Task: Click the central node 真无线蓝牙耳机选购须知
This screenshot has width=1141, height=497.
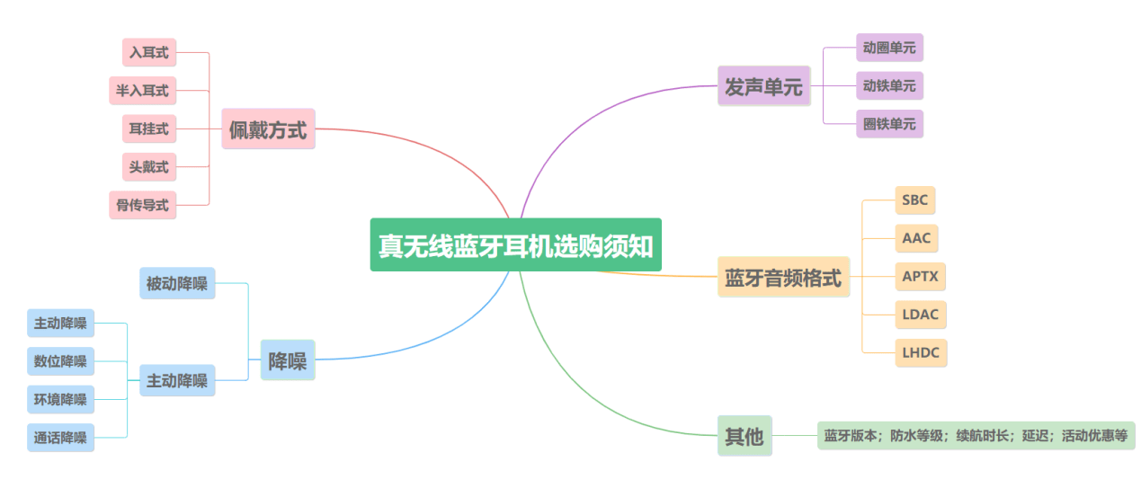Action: (515, 244)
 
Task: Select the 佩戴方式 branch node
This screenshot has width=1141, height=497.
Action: (268, 129)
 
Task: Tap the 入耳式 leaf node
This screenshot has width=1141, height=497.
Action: (149, 53)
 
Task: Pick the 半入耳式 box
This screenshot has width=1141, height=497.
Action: (142, 91)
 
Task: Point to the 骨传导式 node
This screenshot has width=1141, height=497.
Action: (142, 205)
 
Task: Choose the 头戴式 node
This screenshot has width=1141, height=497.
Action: (149, 167)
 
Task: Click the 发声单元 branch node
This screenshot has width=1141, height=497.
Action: (763, 86)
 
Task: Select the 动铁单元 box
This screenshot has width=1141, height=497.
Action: (889, 86)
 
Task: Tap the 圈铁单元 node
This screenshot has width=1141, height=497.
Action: (889, 124)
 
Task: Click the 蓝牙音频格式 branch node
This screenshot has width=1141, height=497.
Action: (783, 278)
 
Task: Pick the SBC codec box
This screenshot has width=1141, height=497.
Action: (915, 200)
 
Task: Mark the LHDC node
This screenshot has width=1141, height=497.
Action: (921, 352)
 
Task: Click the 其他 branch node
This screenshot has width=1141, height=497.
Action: (744, 436)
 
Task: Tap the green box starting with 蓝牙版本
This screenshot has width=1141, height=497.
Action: (976, 436)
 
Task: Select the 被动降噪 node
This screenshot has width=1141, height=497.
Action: (177, 284)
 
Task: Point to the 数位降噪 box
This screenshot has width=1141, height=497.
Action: (60, 361)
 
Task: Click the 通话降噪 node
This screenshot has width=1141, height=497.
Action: (60, 438)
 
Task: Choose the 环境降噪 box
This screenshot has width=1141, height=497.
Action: (60, 399)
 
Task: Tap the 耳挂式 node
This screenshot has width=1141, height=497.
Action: (149, 129)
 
